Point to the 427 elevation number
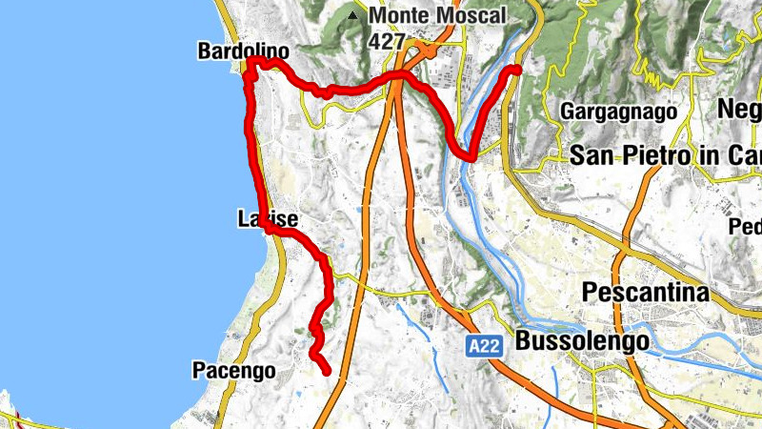(387, 41)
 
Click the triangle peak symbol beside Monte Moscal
(354, 16)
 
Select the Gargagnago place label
(619, 112)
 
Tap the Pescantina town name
(647, 292)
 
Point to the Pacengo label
(233, 370)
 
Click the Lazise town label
(268, 220)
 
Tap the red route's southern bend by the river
(467, 155)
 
